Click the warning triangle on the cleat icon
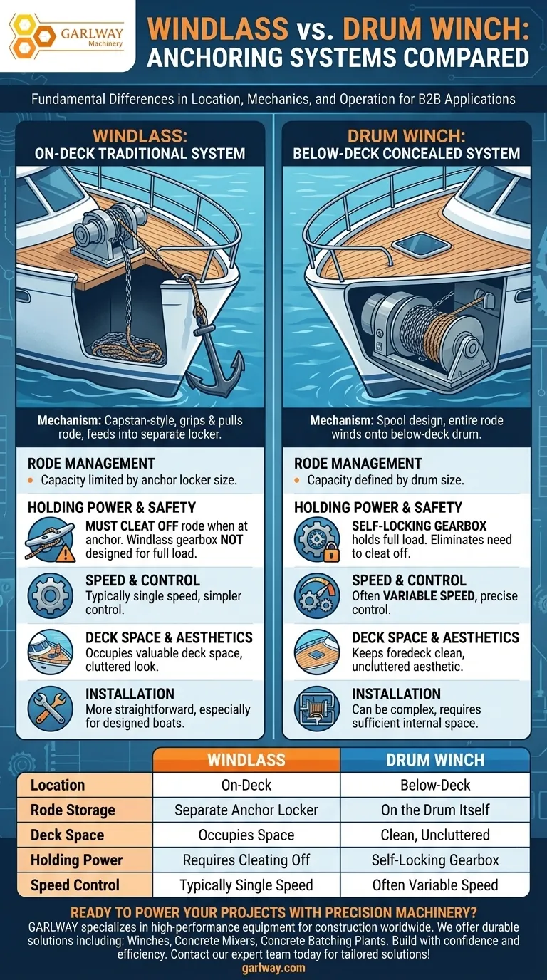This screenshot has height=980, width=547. pos(66,554)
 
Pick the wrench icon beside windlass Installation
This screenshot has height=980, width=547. pos(51,709)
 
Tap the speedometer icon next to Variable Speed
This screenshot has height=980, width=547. pos(317,595)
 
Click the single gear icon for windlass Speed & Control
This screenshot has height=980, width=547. pos(51,595)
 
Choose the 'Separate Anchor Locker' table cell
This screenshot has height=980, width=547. pos(246,810)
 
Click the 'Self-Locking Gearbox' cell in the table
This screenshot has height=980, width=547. pos(435,860)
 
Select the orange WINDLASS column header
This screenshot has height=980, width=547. pos(246,760)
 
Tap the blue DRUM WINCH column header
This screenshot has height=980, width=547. pos(435,760)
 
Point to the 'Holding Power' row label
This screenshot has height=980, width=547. pos(77,860)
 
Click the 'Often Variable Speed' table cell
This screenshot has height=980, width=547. pos(435,885)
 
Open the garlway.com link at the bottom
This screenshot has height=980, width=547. pos(273,968)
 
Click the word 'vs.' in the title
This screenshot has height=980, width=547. pos(315,29)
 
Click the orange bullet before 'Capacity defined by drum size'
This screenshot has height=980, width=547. pos(297,480)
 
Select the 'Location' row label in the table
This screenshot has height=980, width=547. pos(58,785)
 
